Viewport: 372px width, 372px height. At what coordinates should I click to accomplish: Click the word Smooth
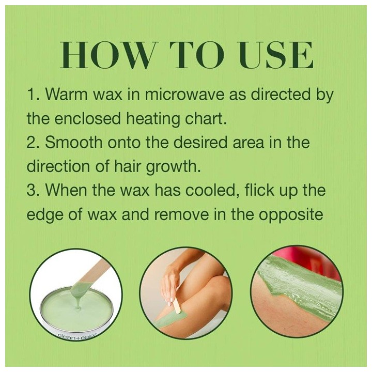click(x=72, y=143)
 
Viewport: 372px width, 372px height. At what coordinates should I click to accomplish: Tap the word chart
click(x=207, y=119)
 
